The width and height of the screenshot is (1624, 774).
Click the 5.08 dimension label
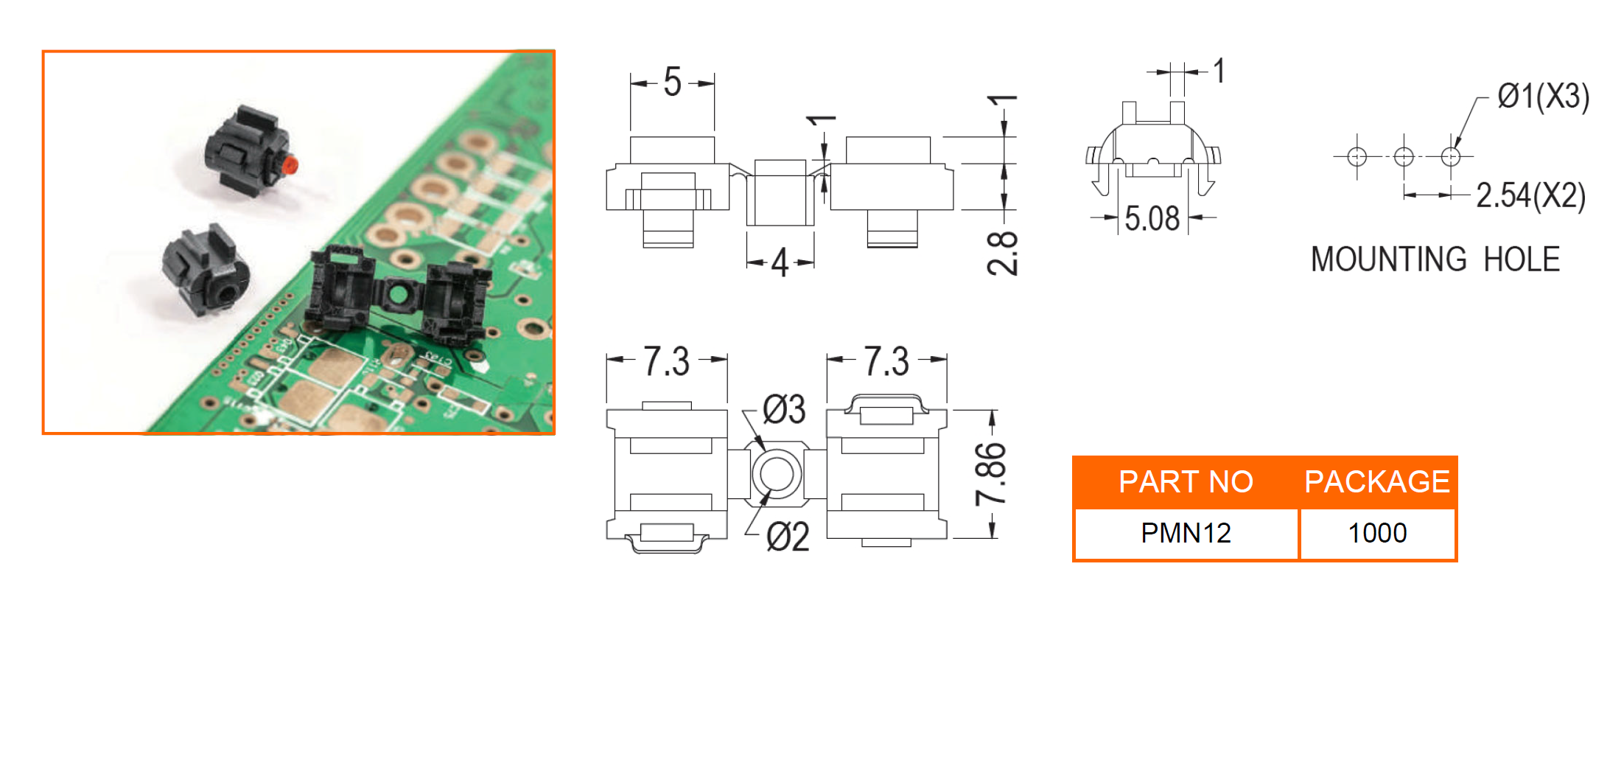click(x=1152, y=219)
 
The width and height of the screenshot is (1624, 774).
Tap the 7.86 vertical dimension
click(x=991, y=474)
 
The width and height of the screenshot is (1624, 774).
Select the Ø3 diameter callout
click(x=784, y=410)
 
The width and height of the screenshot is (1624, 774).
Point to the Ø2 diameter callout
click(x=788, y=537)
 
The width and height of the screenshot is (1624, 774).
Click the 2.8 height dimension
click(x=1003, y=253)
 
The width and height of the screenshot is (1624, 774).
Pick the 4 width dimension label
click(x=780, y=263)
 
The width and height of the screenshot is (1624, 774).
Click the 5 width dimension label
click(x=672, y=82)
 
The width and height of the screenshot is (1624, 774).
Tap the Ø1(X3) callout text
click(x=1543, y=97)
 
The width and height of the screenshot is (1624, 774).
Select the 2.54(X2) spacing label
click(x=1530, y=196)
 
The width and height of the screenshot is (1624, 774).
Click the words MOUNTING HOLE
click(x=1435, y=259)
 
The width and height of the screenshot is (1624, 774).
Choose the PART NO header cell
click(x=1186, y=482)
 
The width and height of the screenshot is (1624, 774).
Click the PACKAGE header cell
click(x=1376, y=482)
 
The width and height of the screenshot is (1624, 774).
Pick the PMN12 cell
click(x=1186, y=533)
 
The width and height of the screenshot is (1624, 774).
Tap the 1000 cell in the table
click(x=1376, y=533)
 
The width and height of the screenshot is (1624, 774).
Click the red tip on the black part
click(x=290, y=164)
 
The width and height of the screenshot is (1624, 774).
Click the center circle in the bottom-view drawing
click(x=776, y=473)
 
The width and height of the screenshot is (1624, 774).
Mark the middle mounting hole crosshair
click(x=1404, y=156)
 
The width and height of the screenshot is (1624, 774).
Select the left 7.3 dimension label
click(x=667, y=362)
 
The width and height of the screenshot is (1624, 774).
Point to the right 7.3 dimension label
click(x=886, y=362)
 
